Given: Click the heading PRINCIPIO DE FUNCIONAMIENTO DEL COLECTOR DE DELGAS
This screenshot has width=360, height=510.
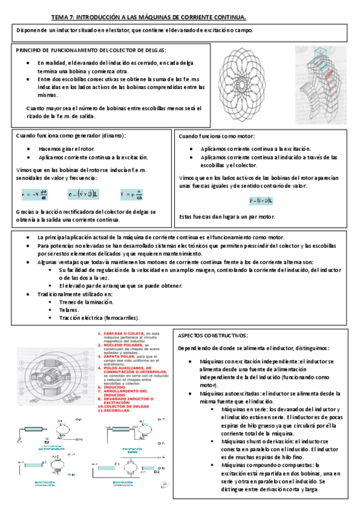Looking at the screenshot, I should (91, 51).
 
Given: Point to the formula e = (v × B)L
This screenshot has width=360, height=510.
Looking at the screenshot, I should (84, 194).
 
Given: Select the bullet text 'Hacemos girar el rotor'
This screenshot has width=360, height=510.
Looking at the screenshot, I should (63, 149).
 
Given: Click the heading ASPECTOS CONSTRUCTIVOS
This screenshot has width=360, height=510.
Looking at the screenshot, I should (213, 336).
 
